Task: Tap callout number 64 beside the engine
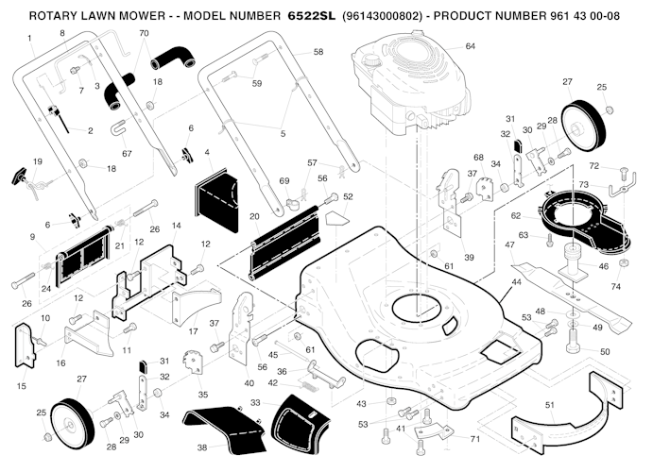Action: pyautogui.click(x=470, y=46)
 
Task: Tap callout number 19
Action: pyautogui.click(x=37, y=162)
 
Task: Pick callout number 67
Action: pyautogui.click(x=126, y=154)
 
